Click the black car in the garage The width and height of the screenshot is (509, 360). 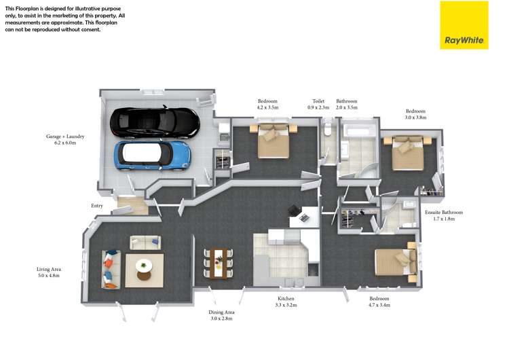click(x=155, y=122)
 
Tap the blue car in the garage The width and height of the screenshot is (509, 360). click(x=152, y=156)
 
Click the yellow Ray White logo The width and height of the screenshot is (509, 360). click(x=464, y=25)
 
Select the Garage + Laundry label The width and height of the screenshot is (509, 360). click(x=65, y=139)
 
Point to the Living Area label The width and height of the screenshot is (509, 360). click(x=49, y=272)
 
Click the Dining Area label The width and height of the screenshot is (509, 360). click(x=221, y=315)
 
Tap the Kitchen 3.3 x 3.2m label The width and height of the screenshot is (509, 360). click(x=286, y=302)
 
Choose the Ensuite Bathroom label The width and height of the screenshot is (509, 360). click(x=444, y=215)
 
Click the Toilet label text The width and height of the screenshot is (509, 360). click(x=318, y=101)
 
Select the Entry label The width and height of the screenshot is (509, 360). click(x=97, y=206)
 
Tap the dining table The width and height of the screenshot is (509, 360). click(x=218, y=263)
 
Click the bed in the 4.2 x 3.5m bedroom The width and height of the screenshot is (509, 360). click(x=274, y=141)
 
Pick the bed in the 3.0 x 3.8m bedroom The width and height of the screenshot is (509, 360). click(x=408, y=153)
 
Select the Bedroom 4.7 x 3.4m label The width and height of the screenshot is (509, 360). click(x=379, y=302)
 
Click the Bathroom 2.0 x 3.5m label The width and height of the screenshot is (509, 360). click(x=347, y=104)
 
